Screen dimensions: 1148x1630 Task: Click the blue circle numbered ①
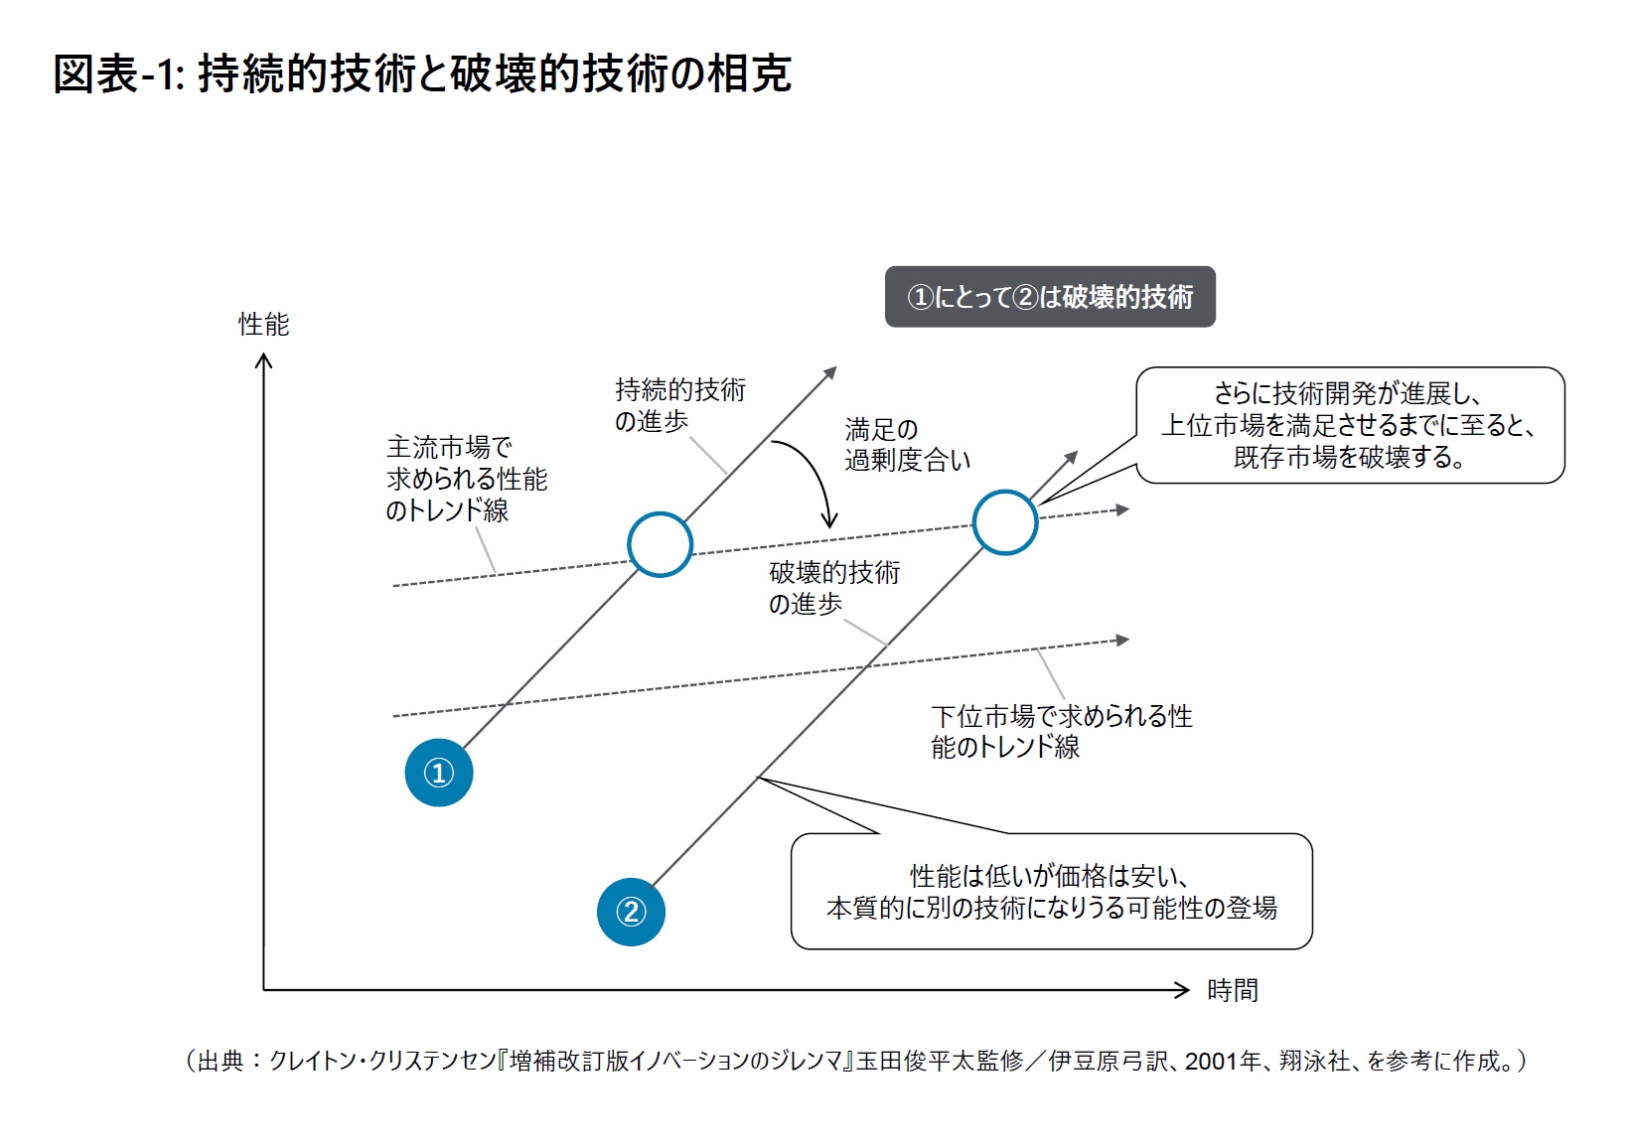pyautogui.click(x=439, y=773)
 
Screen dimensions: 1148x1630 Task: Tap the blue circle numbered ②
pyautogui.click(x=631, y=912)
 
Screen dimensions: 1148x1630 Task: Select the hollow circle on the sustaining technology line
pyautogui.click(x=660, y=544)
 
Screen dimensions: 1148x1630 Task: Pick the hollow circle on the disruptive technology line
pyautogui.click(x=1005, y=522)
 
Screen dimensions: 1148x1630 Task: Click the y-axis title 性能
pyautogui.click(x=263, y=325)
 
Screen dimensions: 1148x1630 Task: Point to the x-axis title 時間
pyautogui.click(x=1232, y=990)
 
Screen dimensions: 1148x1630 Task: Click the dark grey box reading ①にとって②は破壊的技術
pyautogui.click(x=1050, y=297)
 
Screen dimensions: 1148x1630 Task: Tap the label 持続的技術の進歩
pyautogui.click(x=679, y=405)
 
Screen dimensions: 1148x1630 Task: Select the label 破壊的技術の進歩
pyautogui.click(x=833, y=588)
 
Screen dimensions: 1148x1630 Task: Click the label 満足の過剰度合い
pyautogui.click(x=906, y=445)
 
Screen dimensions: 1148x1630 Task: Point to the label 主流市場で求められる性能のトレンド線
pyautogui.click(x=466, y=479)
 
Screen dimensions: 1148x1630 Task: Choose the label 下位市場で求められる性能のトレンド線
pyautogui.click(x=1060, y=731)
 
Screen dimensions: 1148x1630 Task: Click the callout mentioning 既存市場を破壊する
pyautogui.click(x=1350, y=426)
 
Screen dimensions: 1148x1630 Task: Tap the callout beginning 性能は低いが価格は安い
pyautogui.click(x=1051, y=892)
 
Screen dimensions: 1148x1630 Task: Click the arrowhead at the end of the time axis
pyautogui.click(x=1181, y=989)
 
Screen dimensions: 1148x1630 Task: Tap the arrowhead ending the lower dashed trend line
pyautogui.click(x=1122, y=641)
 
